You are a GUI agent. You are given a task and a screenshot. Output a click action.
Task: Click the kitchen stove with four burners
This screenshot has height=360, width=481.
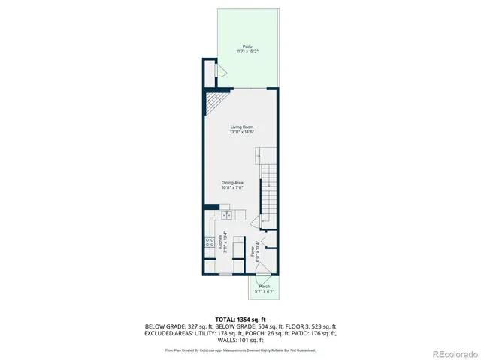pos(208,242)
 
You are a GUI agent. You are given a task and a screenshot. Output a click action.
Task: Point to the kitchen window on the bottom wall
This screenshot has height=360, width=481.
pos(225,275)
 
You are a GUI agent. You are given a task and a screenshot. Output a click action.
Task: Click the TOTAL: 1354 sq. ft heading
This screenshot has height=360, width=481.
pos(240,319)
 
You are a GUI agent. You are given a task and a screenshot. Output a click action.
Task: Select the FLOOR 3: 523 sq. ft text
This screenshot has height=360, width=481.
pos(313,327)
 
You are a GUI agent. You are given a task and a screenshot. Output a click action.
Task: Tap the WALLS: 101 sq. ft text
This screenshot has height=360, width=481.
pos(240,340)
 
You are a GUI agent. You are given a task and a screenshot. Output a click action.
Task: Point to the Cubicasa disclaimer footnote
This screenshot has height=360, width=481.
pos(240,349)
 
